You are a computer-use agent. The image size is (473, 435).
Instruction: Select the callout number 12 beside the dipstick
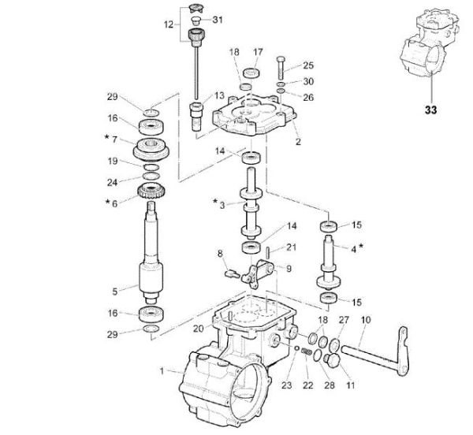167,24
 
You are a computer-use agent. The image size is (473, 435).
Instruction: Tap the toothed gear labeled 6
151,190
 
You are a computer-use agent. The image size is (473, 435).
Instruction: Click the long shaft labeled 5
151,252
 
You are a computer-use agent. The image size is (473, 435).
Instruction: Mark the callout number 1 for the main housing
162,370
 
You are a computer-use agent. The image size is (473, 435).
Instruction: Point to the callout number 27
343,321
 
